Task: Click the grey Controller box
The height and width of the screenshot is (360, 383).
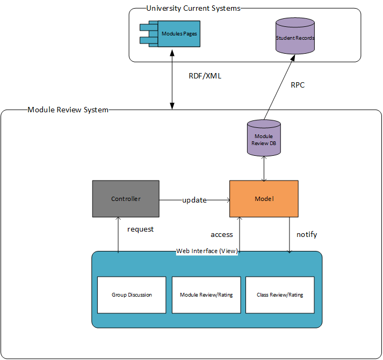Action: pos(126,199)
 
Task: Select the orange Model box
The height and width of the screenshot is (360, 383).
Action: pos(264,199)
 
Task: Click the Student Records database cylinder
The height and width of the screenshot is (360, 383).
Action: pos(295,37)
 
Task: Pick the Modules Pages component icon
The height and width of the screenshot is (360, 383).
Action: pos(172,33)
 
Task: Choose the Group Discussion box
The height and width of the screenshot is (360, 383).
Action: pos(132,295)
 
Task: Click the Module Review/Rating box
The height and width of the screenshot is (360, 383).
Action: pos(206,295)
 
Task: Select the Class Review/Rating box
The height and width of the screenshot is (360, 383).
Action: pos(280,295)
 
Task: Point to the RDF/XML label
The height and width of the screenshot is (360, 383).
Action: pos(205,76)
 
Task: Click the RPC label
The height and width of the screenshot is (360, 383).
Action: pos(298,85)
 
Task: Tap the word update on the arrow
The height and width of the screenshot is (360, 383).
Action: pos(194,200)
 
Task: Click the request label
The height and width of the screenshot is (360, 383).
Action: pos(140,229)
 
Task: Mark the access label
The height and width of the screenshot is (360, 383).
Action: pos(222,235)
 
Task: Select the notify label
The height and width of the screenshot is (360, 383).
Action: pos(307,235)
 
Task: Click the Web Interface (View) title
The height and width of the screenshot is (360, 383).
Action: pos(207,251)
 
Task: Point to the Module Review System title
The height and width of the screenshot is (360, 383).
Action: pos(68,110)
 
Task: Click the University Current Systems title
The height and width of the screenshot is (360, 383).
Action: pos(193,8)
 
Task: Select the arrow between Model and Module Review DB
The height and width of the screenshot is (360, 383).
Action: pos(264,169)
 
